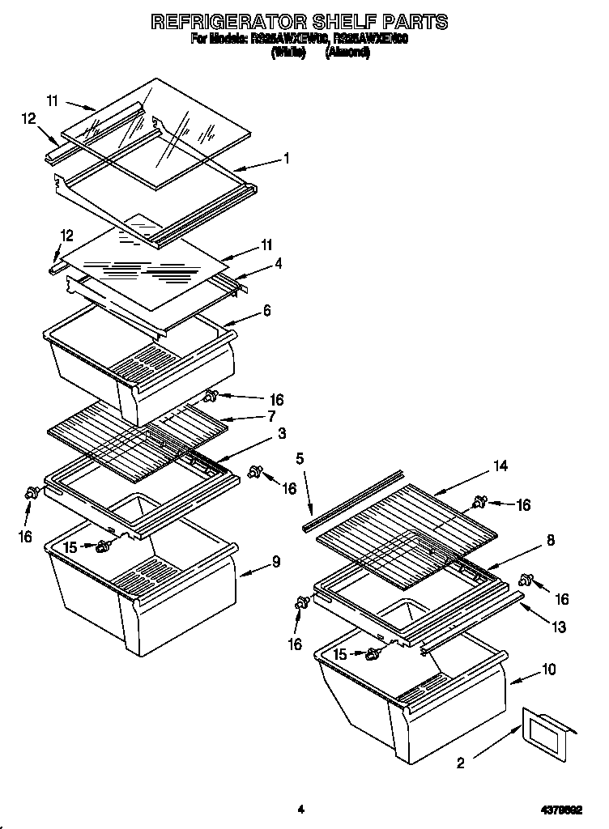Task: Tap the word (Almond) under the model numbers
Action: [x=347, y=53]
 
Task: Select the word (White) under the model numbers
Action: [x=287, y=53]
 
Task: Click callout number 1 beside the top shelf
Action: [x=285, y=159]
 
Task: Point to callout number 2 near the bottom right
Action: [x=461, y=762]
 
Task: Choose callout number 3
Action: [x=281, y=434]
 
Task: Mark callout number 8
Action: [x=550, y=540]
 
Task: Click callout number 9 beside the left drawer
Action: [x=276, y=561]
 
